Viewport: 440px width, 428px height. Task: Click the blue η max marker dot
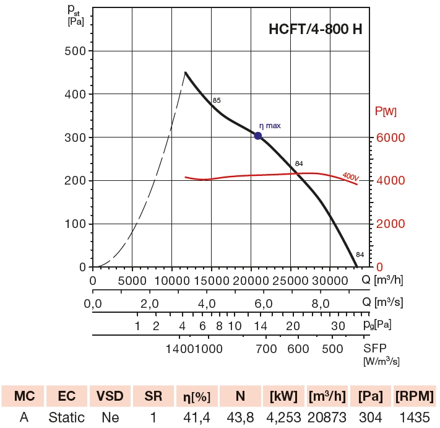click(x=258, y=136)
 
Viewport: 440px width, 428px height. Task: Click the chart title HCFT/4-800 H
click(x=316, y=30)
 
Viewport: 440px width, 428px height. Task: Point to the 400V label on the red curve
click(x=350, y=177)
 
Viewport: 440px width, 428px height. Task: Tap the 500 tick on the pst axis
click(x=75, y=51)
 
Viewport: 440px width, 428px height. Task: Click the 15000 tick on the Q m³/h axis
click(x=212, y=281)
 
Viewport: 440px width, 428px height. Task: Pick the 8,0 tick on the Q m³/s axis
click(x=320, y=304)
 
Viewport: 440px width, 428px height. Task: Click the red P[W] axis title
click(x=386, y=111)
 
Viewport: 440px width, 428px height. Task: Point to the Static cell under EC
click(x=66, y=417)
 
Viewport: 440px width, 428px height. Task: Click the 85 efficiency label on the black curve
click(x=217, y=100)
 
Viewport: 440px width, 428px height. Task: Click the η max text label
click(x=270, y=126)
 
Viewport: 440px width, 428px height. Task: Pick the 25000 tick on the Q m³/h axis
click(x=290, y=281)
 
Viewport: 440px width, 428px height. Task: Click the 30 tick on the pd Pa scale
click(x=337, y=326)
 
